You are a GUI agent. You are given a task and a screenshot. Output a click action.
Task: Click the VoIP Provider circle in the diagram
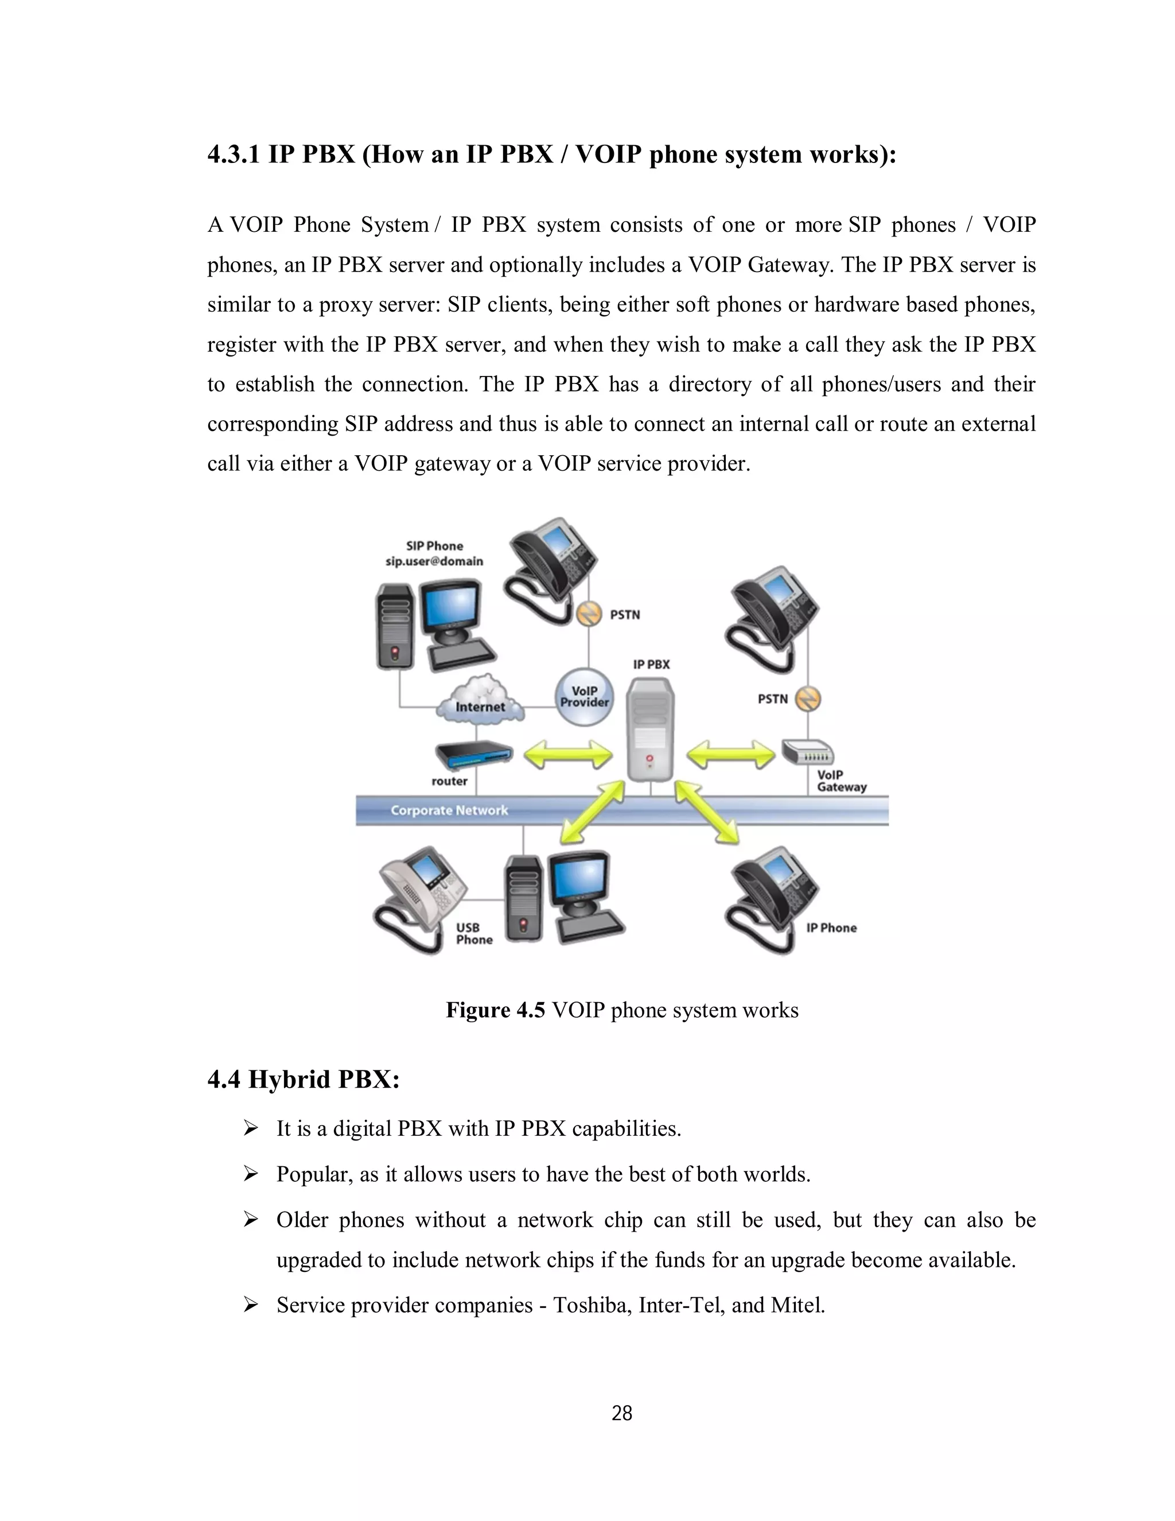584,696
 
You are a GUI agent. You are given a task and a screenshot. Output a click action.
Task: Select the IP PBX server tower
650,730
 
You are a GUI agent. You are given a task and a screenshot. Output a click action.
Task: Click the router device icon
473,754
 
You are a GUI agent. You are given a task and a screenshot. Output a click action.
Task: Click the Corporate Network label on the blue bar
449,810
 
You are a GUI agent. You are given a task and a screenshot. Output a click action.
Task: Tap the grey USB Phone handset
418,898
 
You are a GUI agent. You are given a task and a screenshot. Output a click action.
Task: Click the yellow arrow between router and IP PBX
567,755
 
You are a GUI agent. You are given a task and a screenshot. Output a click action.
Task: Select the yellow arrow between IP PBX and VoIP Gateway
730,755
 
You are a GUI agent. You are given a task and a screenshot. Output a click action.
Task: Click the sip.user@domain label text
434,561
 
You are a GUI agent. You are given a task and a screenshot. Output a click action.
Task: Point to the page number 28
621,1413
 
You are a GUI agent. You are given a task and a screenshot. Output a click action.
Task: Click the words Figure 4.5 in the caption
495,1010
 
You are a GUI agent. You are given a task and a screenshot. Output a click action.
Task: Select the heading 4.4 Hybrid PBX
304,1080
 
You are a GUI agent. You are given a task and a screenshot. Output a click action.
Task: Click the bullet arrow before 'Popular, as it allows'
251,1174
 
